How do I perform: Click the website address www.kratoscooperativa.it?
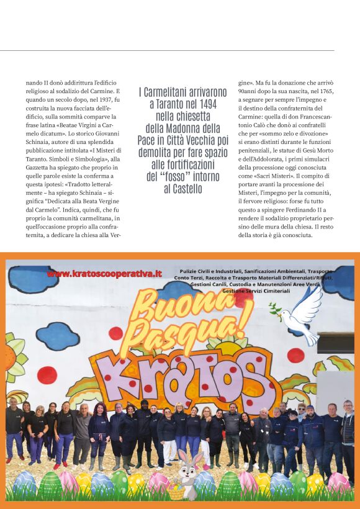coord(104,273)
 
